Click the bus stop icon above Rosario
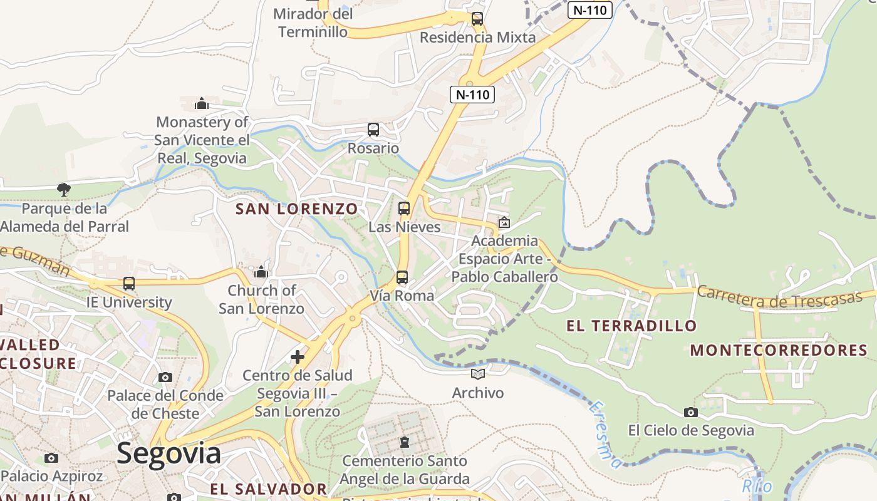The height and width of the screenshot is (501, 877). pyautogui.click(x=373, y=130)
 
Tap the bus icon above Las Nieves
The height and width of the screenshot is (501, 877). pyautogui.click(x=404, y=209)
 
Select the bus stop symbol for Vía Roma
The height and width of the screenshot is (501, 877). pyautogui.click(x=402, y=277)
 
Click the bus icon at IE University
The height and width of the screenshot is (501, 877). pyautogui.click(x=129, y=284)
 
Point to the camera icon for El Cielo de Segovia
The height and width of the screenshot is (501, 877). pyautogui.click(x=691, y=412)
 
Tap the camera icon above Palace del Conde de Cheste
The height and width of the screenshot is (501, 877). pyautogui.click(x=165, y=377)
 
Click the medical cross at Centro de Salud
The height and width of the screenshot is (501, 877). pyautogui.click(x=298, y=357)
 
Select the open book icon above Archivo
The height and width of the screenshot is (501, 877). pyautogui.click(x=478, y=374)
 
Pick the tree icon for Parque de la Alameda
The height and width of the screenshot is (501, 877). pyautogui.click(x=63, y=189)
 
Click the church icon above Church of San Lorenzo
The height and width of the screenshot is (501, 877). pyautogui.click(x=261, y=272)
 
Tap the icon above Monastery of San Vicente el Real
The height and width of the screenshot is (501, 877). pyautogui.click(x=202, y=103)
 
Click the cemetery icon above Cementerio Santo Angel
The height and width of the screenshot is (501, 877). pyautogui.click(x=405, y=442)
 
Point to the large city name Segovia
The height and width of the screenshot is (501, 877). pyautogui.click(x=169, y=453)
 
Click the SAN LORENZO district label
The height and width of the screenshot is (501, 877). pyautogui.click(x=297, y=209)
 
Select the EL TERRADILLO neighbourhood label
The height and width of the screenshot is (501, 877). pyautogui.click(x=631, y=326)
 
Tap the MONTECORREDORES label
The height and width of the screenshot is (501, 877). pyautogui.click(x=779, y=350)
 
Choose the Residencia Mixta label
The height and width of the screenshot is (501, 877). pyautogui.click(x=477, y=38)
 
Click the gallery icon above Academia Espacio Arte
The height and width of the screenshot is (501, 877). pyautogui.click(x=504, y=222)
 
